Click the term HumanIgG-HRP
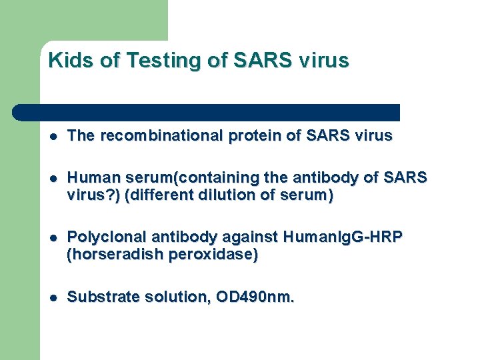coord(343,237)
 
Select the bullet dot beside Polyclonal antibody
coord(53,238)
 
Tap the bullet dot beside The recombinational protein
coord(53,137)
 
